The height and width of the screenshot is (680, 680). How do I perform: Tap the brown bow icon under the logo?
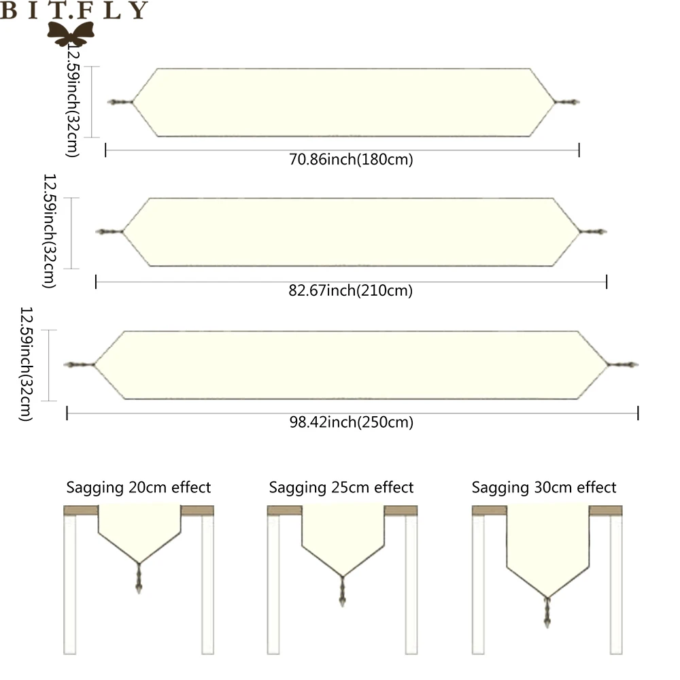(x=71, y=32)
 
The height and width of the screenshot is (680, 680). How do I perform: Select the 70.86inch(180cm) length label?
(x=351, y=160)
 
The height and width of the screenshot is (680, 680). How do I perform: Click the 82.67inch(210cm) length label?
(x=351, y=291)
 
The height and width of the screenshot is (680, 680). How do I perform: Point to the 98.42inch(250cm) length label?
(x=351, y=422)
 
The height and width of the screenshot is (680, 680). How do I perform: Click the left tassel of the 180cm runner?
(x=120, y=102)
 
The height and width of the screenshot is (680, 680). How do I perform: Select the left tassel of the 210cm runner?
(x=109, y=232)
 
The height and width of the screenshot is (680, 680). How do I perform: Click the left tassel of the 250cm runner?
(x=78, y=365)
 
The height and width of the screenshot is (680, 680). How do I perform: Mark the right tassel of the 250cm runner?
(x=623, y=365)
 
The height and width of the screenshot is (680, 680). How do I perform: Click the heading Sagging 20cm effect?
(x=138, y=488)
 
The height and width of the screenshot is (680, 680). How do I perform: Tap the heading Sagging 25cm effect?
(x=341, y=488)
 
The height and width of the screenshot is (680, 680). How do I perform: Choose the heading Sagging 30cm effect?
(x=544, y=488)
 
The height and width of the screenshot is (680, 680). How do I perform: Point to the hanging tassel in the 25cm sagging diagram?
(x=342, y=592)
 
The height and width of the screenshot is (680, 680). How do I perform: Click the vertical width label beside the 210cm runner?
(x=49, y=231)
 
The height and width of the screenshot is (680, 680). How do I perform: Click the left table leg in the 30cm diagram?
(x=479, y=585)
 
